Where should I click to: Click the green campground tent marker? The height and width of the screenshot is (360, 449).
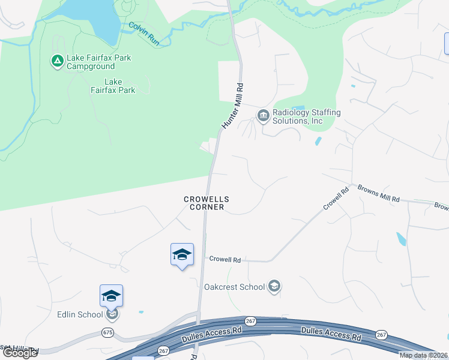56,61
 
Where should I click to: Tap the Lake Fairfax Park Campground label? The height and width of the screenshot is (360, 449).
98,62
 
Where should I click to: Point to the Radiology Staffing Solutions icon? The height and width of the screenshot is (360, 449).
263,116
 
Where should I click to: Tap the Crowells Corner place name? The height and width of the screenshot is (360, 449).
206,203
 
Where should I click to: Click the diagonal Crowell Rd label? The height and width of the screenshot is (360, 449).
336,199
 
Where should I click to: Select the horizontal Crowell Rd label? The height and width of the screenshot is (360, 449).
225,260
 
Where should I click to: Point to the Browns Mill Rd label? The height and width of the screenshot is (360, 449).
378,193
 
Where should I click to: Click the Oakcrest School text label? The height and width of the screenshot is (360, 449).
235,287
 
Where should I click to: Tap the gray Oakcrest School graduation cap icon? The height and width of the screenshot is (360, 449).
274,286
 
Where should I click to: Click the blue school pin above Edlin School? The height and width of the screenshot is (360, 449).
111,296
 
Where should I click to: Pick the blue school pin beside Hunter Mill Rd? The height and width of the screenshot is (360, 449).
182,254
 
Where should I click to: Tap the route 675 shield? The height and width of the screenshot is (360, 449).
107,332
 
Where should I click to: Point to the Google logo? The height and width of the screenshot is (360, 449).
20,352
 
